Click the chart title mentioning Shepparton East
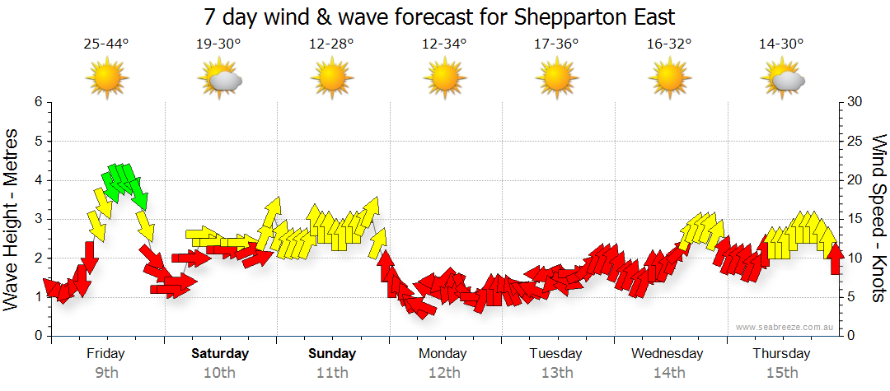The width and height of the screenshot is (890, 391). point(445,16)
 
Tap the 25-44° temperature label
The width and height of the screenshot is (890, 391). point(106,44)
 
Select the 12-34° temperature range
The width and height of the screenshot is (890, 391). point(444,44)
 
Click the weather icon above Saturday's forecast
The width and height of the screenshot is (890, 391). point(220,79)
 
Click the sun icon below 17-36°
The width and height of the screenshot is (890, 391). point(557,79)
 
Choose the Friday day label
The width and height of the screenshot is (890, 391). point(106,354)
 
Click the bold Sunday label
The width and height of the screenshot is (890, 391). point(332,354)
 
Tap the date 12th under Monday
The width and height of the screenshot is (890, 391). point(444,373)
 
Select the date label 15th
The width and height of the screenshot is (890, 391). point(782,373)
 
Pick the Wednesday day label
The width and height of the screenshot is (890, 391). point(667,354)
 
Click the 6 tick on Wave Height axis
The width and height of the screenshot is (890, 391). point(38,102)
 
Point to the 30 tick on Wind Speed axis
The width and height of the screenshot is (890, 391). point(855,102)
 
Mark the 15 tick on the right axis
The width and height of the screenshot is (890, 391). point(855,219)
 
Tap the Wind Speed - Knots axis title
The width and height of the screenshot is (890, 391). point(878,219)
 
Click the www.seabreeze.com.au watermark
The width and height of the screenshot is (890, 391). point(785,327)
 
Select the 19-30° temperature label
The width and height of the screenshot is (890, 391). point(219,44)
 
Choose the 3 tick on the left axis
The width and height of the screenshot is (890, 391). point(38,219)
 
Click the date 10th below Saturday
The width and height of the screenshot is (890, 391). point(219,373)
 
